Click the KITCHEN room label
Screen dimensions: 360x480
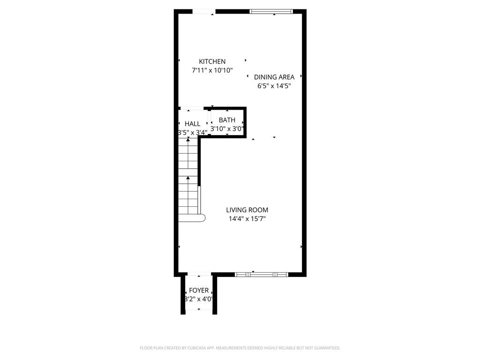[x=212, y=61]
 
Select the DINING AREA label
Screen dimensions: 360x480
[x=274, y=77]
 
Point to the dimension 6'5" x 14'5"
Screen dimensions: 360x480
[x=274, y=86]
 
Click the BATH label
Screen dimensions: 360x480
[x=227, y=120]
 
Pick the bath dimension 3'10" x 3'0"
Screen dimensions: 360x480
[x=227, y=128]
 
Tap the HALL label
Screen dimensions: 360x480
[x=192, y=124]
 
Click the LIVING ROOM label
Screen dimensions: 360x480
[x=247, y=210]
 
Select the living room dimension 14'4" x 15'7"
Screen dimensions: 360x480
[x=247, y=218]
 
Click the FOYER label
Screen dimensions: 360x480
[x=199, y=291]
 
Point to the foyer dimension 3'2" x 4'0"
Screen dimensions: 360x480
[x=199, y=299]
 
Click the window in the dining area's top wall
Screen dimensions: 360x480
[x=271, y=11]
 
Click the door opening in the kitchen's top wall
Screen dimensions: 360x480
[x=204, y=11]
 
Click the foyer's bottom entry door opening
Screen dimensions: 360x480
[x=199, y=311]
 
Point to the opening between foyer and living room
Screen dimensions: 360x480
[x=199, y=274]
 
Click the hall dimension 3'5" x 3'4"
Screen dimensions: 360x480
[x=192, y=133]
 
